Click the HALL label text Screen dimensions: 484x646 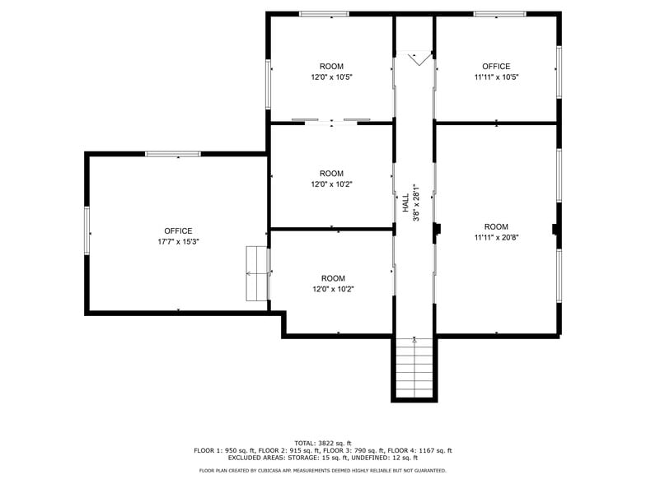click(x=405, y=203)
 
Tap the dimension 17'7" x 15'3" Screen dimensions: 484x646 click(x=178, y=242)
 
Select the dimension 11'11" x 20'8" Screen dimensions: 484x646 click(x=496, y=238)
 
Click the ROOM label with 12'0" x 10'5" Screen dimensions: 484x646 click(x=331, y=67)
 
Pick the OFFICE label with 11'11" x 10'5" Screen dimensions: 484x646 click(x=496, y=67)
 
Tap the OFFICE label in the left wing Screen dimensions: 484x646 click(x=178, y=231)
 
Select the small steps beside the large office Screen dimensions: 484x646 click(x=257, y=273)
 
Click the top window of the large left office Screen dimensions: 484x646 click(x=173, y=154)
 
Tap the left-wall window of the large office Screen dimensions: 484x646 click(x=87, y=230)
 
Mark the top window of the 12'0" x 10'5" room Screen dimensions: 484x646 click(x=323, y=14)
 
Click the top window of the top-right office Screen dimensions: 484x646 click(x=499, y=14)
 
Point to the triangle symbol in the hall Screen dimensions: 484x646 click(x=420, y=57)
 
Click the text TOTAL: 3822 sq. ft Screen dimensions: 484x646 click(x=323, y=443)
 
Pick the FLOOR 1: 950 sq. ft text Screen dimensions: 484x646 click(x=222, y=450)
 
